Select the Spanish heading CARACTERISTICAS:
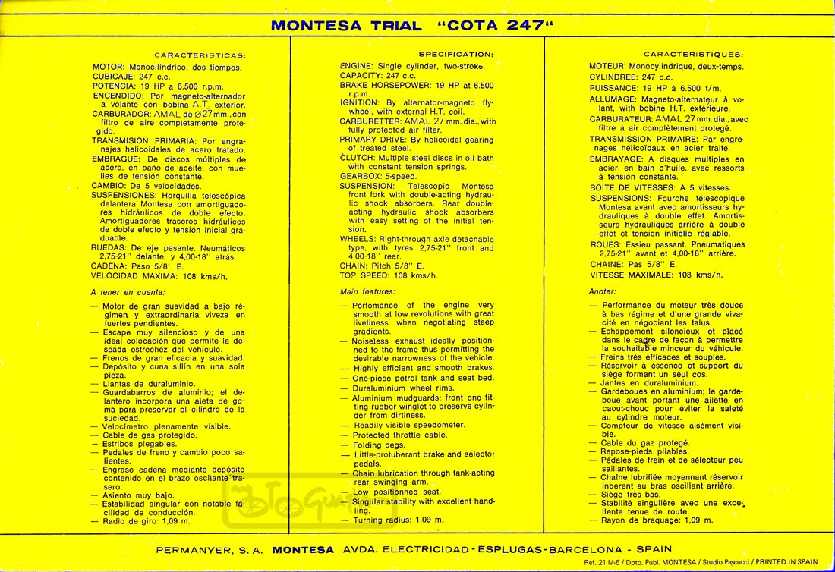(200, 55)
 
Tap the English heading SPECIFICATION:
(455, 55)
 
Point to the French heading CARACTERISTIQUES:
(694, 55)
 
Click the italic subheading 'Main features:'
(367, 291)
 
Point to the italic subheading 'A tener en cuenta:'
(128, 292)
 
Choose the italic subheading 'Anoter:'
(603, 291)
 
